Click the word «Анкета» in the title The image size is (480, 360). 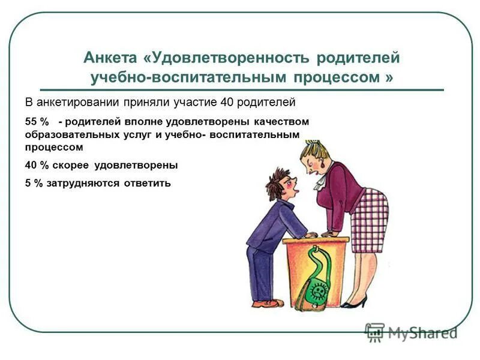click(110, 58)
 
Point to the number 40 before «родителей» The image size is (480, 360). click(228, 102)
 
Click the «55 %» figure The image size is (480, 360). click(36, 122)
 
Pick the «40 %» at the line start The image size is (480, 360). click(37, 165)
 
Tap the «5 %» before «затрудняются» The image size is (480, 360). click(34, 184)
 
